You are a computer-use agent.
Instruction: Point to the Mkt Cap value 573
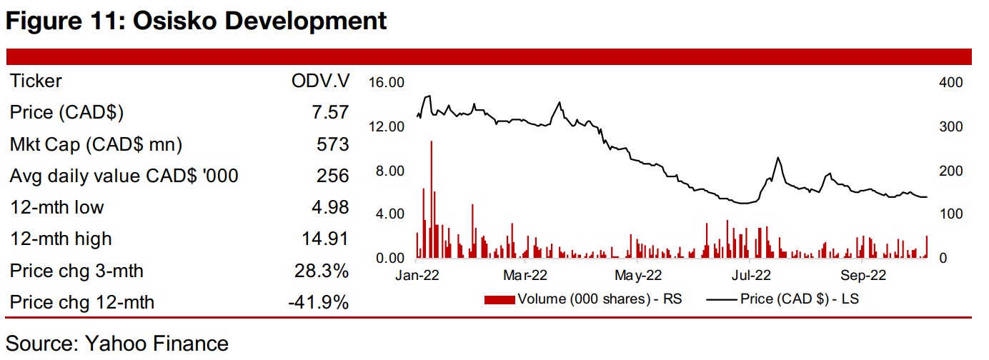coord(333,144)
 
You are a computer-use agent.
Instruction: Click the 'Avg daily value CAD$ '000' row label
coord(124,176)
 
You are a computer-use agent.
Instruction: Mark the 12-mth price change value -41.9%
coord(318,302)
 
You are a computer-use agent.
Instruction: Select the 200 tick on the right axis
coord(950,171)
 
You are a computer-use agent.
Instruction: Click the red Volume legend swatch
coord(498,299)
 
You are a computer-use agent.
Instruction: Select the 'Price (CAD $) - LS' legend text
coord(799,299)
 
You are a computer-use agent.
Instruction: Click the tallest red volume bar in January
coord(432,200)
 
